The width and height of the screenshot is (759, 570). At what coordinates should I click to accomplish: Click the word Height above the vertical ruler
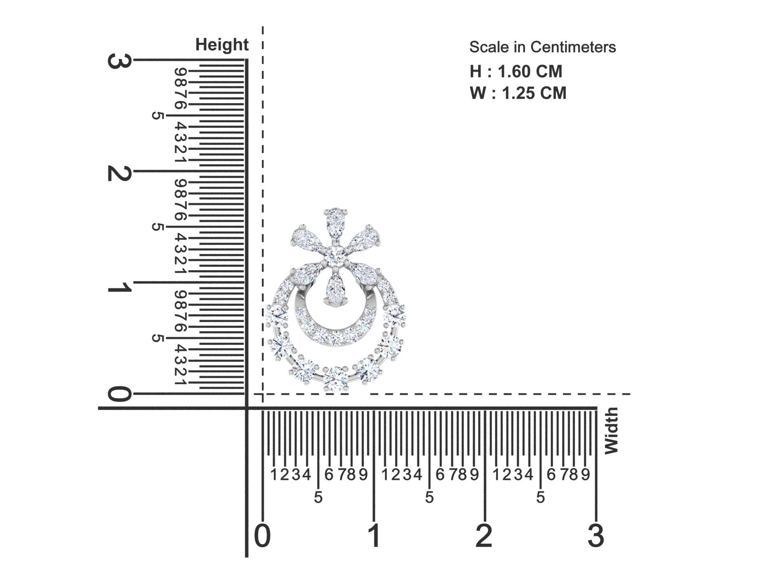point(222,45)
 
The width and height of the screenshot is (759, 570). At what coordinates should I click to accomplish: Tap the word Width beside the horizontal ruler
point(611,430)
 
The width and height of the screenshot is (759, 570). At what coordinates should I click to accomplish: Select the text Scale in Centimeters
point(543,47)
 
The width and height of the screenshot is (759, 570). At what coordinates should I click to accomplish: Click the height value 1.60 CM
point(530,72)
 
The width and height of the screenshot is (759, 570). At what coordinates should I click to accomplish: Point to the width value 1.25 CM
point(534,93)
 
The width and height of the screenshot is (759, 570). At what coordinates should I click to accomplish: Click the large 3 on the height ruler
point(120,61)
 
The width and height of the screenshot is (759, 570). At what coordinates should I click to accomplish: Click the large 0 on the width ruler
point(262,536)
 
